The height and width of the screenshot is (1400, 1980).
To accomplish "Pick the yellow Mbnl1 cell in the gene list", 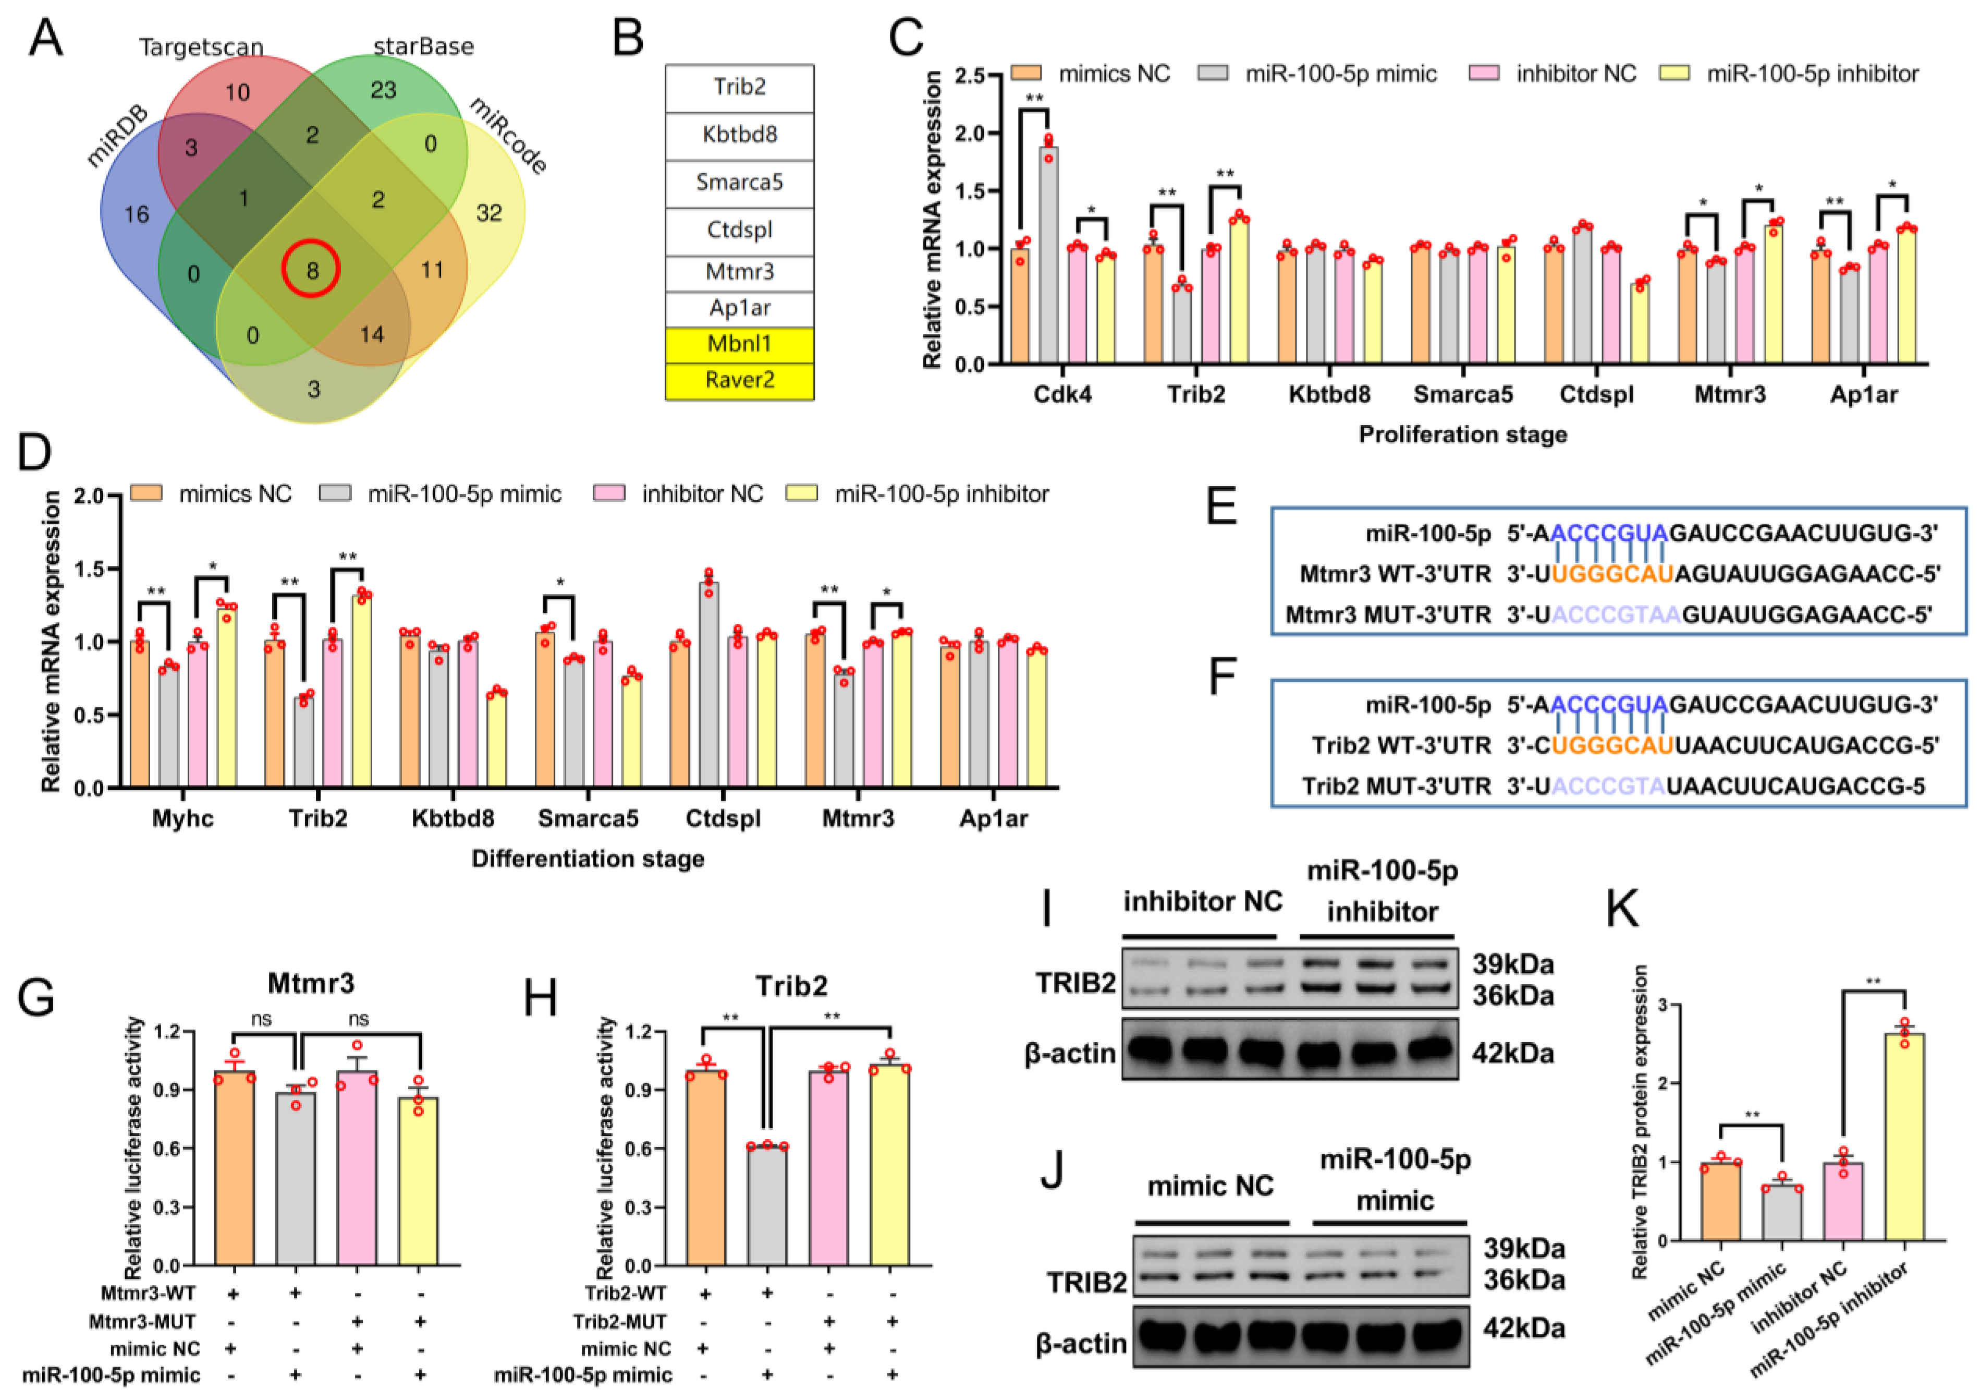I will tap(739, 344).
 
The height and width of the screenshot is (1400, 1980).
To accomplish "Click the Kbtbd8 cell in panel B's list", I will tap(739, 135).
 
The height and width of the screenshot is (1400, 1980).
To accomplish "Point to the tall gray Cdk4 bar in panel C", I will tap(1048, 259).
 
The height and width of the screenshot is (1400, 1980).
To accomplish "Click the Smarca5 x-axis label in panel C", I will tap(1462, 395).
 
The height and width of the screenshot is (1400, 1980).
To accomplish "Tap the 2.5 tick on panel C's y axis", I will tap(969, 76).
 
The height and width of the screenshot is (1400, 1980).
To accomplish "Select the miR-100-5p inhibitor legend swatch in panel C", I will tap(1675, 74).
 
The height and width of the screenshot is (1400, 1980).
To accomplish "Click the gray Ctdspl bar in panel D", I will tap(709, 686).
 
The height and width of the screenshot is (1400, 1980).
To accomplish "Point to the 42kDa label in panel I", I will tap(1512, 1053).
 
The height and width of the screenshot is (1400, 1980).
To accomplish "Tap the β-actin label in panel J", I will tap(1081, 1343).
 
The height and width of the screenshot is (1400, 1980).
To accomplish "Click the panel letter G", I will tap(36, 998).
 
